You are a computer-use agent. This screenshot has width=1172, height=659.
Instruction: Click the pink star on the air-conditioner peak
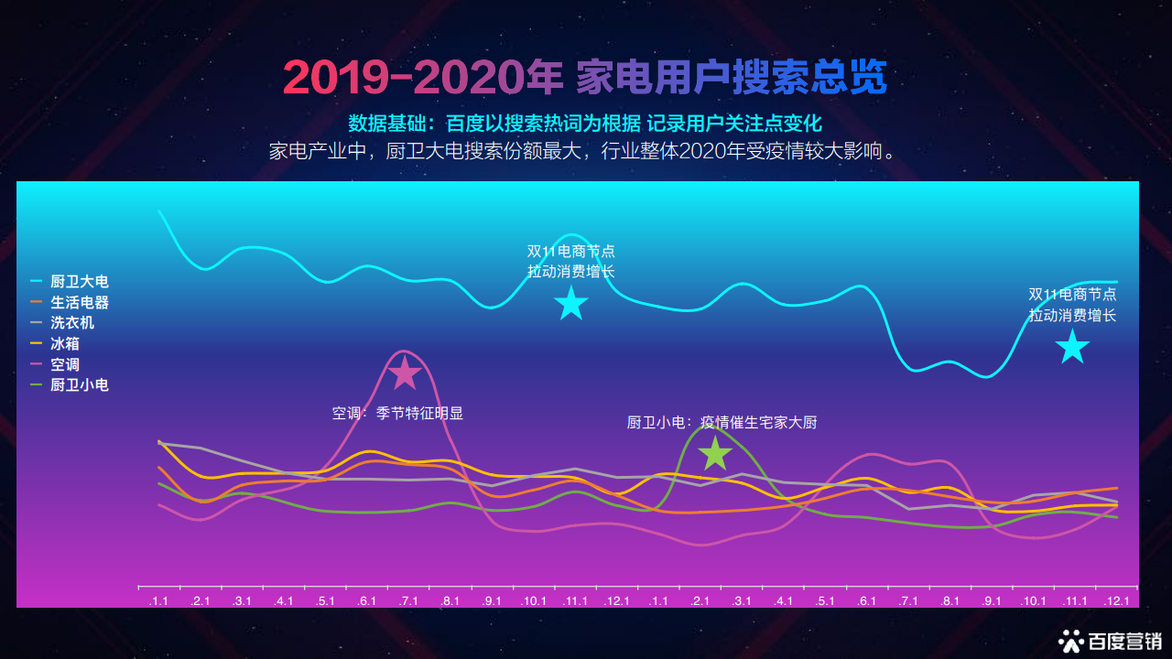coord(405,373)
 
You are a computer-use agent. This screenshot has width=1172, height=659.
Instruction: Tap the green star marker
coord(715,453)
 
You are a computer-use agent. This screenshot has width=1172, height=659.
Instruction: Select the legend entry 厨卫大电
coord(70,281)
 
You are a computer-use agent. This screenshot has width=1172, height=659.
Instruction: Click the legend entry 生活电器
coord(70,302)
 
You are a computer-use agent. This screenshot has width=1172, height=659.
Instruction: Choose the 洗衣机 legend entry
coord(62,323)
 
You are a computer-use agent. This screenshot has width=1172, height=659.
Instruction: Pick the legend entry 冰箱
coord(55,343)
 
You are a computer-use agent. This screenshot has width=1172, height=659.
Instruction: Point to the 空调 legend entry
coord(55,364)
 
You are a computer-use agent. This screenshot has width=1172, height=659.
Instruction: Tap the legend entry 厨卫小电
coord(70,385)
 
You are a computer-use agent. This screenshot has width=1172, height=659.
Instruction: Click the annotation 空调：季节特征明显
coord(397,413)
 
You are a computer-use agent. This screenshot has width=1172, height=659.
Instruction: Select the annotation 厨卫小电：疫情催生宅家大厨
coord(722,422)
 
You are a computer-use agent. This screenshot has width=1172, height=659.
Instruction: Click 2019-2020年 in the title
coord(423,78)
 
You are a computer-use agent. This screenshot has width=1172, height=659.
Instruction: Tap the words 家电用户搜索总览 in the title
coord(732,78)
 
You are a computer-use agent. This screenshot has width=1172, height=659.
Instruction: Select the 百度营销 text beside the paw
coord(1125,642)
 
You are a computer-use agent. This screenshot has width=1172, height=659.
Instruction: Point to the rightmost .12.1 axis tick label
coord(1116,601)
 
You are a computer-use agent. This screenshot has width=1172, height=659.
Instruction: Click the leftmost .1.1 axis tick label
coord(158,601)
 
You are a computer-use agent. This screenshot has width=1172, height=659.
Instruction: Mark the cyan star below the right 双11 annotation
coord(1072,347)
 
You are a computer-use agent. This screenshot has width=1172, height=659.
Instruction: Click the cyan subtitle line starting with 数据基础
coord(585,124)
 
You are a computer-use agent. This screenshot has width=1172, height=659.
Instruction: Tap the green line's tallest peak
coord(708,427)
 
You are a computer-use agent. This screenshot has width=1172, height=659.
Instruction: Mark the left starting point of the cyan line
coord(158,211)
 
